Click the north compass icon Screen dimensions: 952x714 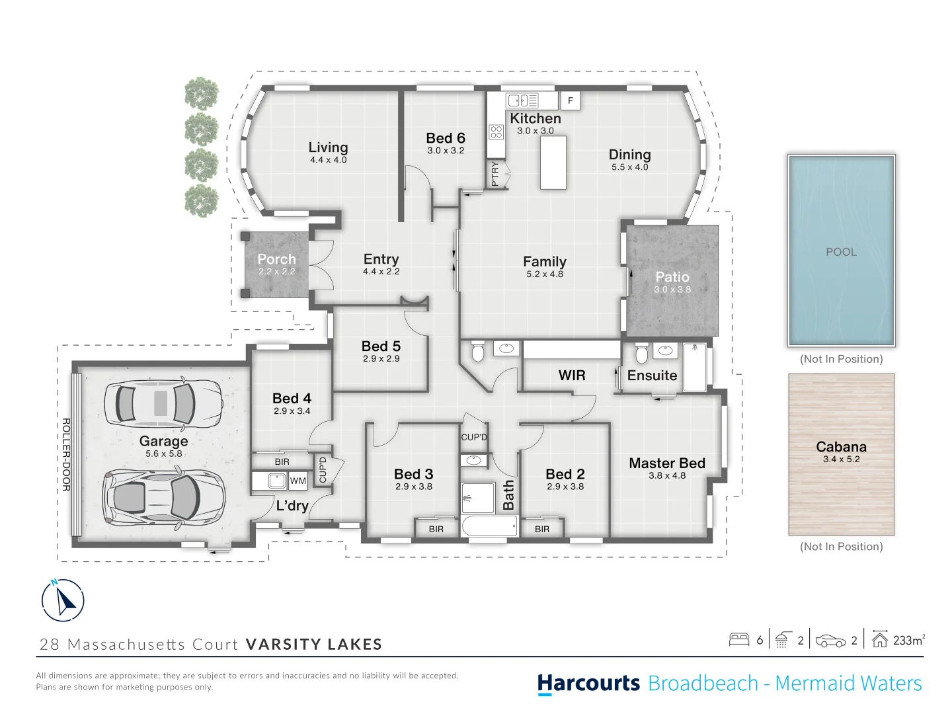tap(62, 600)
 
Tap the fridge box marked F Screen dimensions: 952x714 tap(571, 100)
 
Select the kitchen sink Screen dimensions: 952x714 tap(522, 100)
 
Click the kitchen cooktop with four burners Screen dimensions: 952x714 tap(496, 132)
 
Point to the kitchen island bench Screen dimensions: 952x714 tap(553, 163)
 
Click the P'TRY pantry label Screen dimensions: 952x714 tap(495, 174)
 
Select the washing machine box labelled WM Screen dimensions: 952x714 tap(297, 481)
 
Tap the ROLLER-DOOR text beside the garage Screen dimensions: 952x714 tap(66, 454)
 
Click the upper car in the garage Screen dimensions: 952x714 tap(163, 403)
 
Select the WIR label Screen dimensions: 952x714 tap(572, 375)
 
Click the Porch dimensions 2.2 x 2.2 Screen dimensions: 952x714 tap(277, 272)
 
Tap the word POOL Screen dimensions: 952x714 tap(841, 252)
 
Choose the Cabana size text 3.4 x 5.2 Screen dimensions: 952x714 tap(841, 459)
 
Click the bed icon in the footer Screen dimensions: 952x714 tap(739, 640)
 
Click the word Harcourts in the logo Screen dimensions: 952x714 tap(588, 684)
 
